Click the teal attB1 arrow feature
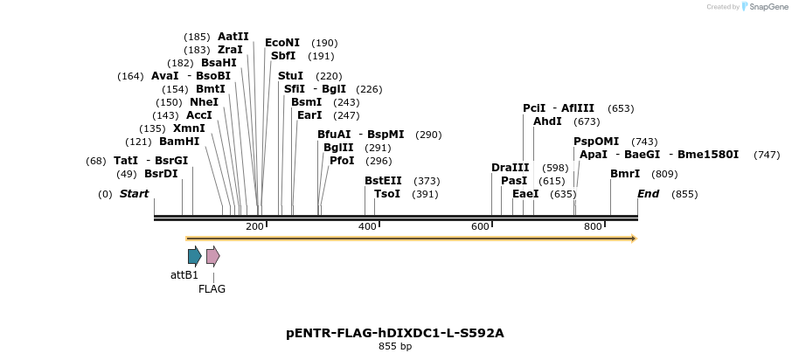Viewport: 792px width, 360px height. [x=194, y=256]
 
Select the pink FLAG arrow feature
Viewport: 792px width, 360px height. [x=212, y=256]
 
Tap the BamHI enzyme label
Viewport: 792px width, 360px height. [x=179, y=142]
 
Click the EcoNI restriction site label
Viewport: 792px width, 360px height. [x=282, y=43]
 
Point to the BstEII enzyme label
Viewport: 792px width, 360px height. [x=383, y=181]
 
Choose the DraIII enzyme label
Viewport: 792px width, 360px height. [x=511, y=168]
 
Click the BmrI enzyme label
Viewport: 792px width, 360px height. [x=625, y=174]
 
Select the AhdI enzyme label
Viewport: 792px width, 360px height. [x=547, y=121]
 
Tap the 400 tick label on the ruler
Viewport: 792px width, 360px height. [x=367, y=227]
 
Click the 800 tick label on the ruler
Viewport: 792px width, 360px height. [x=593, y=227]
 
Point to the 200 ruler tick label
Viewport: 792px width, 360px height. [x=254, y=227]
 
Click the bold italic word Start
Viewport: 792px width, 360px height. [x=134, y=194]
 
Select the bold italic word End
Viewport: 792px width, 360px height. [x=648, y=194]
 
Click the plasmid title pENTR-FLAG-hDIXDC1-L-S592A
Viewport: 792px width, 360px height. [x=395, y=333]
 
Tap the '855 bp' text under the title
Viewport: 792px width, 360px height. [x=395, y=347]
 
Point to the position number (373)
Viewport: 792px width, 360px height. [x=427, y=181]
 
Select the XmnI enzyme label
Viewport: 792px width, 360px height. [x=189, y=128]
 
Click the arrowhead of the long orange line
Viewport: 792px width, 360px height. [x=634, y=239]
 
